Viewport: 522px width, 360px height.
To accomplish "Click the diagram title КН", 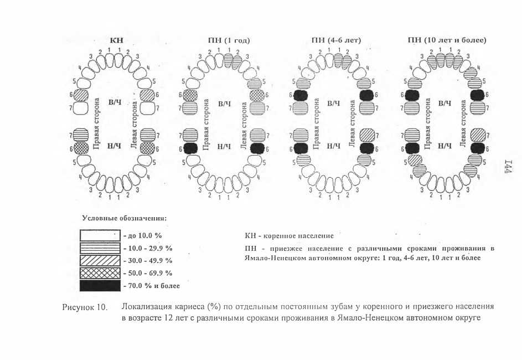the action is point(116,40).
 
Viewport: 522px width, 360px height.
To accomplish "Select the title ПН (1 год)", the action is point(229,40).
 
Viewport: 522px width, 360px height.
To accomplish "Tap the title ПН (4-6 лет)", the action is point(336,40).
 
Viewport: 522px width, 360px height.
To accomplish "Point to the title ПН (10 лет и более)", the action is point(447,40).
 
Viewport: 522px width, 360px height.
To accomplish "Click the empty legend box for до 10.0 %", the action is point(100,235).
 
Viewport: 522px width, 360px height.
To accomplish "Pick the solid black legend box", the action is point(100,285).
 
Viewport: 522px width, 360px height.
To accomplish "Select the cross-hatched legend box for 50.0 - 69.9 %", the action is point(100,273).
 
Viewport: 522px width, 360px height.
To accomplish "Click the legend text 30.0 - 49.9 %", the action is point(150,260).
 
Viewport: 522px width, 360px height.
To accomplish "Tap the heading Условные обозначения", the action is point(124,218).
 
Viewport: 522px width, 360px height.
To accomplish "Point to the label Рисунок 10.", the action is point(84,307).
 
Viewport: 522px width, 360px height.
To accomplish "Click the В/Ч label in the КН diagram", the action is point(115,102).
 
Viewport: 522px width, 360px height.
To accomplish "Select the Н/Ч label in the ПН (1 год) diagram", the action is point(224,147).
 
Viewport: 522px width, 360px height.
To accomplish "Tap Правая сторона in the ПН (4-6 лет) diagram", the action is point(317,124).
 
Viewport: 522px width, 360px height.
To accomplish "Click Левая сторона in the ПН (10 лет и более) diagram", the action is point(463,124).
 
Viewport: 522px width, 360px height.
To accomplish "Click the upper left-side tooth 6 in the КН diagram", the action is point(147,95).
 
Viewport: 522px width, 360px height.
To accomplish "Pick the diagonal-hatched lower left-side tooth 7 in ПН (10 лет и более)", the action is point(478,136).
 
